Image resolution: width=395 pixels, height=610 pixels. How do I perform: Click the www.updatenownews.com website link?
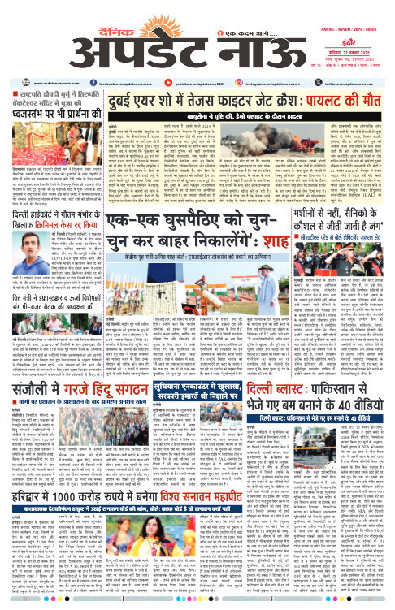pyautogui.click(x=35, y=61)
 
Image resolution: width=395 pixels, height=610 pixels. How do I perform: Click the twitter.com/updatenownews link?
pyautogui.click(x=356, y=61)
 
